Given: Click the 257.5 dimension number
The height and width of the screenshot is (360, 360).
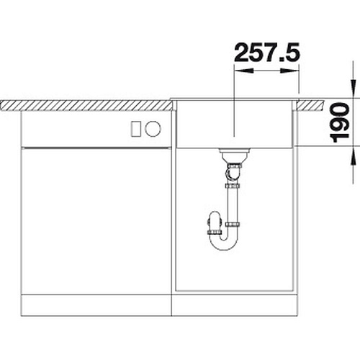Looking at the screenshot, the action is click(267, 52).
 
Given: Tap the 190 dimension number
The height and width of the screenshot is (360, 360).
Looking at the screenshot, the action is click(340, 122).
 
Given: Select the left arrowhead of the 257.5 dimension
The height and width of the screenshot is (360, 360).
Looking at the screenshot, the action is click(243, 71).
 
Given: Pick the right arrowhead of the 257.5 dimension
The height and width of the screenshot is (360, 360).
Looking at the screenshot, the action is click(289, 71).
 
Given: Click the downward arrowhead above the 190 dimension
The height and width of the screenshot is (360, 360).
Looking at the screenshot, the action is click(353, 89).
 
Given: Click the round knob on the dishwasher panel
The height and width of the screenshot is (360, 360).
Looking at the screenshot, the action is click(153, 129).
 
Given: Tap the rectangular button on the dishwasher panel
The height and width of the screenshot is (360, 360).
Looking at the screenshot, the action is click(136, 129).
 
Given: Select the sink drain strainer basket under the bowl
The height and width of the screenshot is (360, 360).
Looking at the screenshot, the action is click(233, 156).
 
